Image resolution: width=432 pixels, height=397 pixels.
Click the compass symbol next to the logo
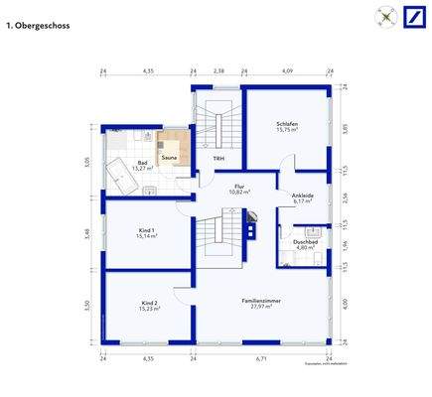pos(384,17)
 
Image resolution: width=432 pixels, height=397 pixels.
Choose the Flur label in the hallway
pos(239,185)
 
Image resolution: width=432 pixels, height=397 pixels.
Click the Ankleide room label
pos(302,196)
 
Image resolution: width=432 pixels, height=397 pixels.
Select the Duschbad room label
pos(305,241)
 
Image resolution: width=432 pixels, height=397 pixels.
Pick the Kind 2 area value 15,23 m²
pos(150,309)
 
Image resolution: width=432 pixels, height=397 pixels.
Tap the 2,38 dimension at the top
pos(218,71)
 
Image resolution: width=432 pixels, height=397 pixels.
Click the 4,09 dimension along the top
pos(287,71)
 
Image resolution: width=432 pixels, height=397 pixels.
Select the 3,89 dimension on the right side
pos(345,128)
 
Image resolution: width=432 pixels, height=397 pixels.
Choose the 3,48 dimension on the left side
pos(87,233)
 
